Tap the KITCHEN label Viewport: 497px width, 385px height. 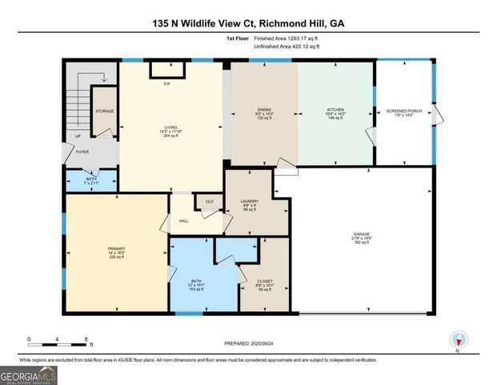pos(335,110)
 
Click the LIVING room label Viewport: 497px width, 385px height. pos(170,126)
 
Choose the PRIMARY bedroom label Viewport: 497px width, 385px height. pos(117,249)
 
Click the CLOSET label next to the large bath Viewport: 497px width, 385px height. pos(264,280)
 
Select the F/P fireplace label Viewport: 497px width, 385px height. pos(167,84)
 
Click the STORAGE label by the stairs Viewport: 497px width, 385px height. pos(105,111)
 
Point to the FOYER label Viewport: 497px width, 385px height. pos(82,151)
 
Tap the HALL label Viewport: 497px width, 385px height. pos(184,221)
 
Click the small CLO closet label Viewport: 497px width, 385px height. pos(209,202)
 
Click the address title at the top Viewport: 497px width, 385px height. pos(248,23)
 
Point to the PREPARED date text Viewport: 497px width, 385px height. pos(249,343)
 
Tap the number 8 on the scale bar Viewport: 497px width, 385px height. pos(86,339)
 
